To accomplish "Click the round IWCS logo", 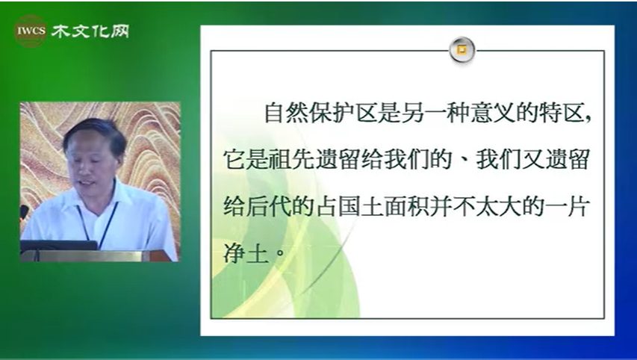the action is pos(31,31).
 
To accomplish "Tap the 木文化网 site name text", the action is pos(90,31).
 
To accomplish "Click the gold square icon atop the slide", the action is pos(462,50).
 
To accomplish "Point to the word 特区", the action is pos(562,113).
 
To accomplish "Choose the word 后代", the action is pos(270,206).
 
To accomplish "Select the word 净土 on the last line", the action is pos(246,252).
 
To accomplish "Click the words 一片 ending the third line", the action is pos(567,206).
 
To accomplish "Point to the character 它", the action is pos(234,159).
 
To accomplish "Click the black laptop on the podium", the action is pos(59,246).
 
